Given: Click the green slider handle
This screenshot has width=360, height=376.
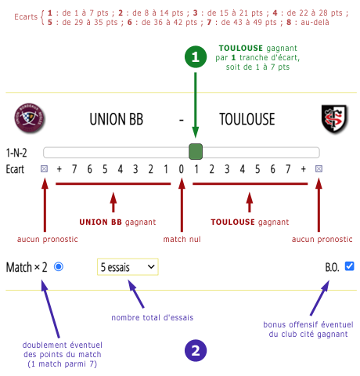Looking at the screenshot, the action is click(196, 151).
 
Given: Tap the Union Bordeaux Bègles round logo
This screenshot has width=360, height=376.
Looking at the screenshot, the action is click(30, 117).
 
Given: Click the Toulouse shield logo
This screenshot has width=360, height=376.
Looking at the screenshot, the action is click(334, 119).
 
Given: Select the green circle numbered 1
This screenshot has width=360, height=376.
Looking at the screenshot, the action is click(196, 56).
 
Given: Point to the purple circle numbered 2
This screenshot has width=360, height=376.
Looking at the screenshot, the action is click(196, 350).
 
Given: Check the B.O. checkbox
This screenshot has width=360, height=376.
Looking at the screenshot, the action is click(349, 266).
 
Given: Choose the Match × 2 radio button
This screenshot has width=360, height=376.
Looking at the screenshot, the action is click(59, 267).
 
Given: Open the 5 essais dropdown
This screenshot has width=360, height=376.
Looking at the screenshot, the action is click(128, 267).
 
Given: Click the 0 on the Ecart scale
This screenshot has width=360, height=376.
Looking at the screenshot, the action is click(182, 169).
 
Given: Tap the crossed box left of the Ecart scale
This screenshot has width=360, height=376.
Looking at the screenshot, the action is click(44, 169).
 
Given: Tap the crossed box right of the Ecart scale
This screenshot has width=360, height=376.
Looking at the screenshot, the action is click(319, 169).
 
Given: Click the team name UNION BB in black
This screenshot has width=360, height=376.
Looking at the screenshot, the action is click(117, 119).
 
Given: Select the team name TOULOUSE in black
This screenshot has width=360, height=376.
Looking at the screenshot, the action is click(247, 119).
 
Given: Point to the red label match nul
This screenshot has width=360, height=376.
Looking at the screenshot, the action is click(182, 239).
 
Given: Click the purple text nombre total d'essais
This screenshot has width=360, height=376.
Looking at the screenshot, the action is click(153, 317).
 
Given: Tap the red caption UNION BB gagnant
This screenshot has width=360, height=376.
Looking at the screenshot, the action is click(117, 222).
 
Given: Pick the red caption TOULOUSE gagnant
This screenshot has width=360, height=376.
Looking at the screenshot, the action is click(250, 222).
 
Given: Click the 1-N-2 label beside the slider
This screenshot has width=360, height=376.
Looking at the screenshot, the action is click(16, 153).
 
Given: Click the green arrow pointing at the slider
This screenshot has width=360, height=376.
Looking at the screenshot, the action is click(196, 105).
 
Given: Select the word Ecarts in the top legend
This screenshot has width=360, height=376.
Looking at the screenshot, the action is click(26, 17).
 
